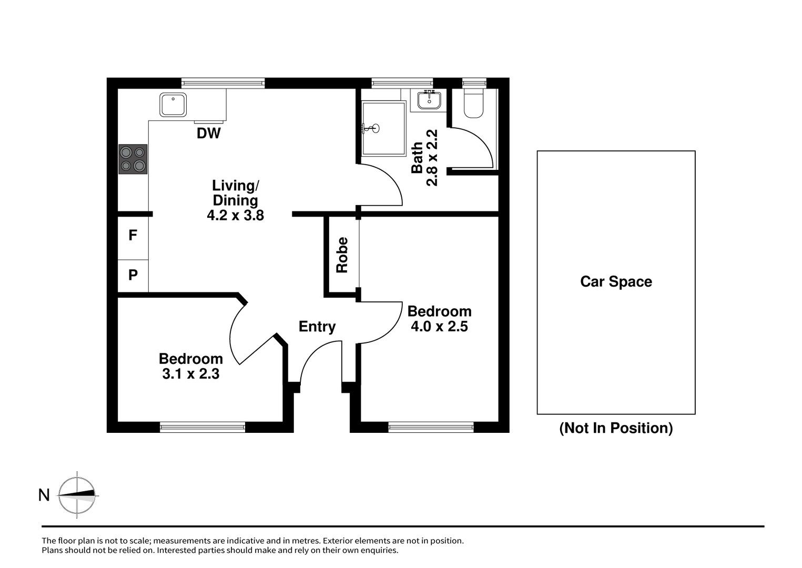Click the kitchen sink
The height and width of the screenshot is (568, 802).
click(x=173, y=105)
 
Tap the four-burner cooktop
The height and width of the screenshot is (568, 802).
click(x=133, y=159)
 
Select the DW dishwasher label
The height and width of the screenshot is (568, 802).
click(x=209, y=134)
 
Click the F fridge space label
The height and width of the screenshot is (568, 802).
click(x=133, y=235)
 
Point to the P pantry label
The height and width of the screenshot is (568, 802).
click(x=133, y=275)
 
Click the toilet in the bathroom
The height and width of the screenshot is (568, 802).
click(x=473, y=103)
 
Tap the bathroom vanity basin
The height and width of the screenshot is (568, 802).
click(x=429, y=100)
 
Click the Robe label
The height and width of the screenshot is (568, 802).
click(x=342, y=255)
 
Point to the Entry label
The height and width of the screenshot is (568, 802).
click(x=317, y=327)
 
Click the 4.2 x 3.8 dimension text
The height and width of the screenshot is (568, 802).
click(x=236, y=215)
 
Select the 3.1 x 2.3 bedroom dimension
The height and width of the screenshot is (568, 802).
click(x=191, y=374)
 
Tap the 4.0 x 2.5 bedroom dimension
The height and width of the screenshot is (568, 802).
click(x=439, y=327)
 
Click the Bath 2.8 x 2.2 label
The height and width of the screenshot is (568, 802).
click(x=424, y=158)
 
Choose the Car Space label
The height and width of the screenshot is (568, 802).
click(x=616, y=282)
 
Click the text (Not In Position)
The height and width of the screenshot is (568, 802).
click(x=616, y=428)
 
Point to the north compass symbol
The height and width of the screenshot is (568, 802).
click(x=77, y=495)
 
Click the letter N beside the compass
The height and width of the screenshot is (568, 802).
click(x=44, y=495)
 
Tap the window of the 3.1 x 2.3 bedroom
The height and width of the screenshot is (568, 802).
click(x=202, y=427)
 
